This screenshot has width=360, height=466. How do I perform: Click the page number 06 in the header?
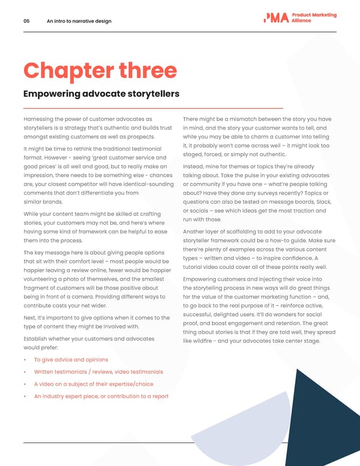tap(26, 21)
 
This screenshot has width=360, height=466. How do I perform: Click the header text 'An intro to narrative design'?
tap(79, 21)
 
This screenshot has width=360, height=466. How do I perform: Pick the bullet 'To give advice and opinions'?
tap(71, 360)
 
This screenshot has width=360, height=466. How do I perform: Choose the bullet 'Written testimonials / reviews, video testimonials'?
tap(98, 372)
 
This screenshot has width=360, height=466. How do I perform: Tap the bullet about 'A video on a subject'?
tap(94, 384)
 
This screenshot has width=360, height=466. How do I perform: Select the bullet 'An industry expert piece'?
tap(101, 396)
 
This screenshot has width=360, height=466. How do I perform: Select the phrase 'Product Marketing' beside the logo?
tap(314, 15)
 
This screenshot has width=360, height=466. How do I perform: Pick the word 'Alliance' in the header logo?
tap(301, 21)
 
